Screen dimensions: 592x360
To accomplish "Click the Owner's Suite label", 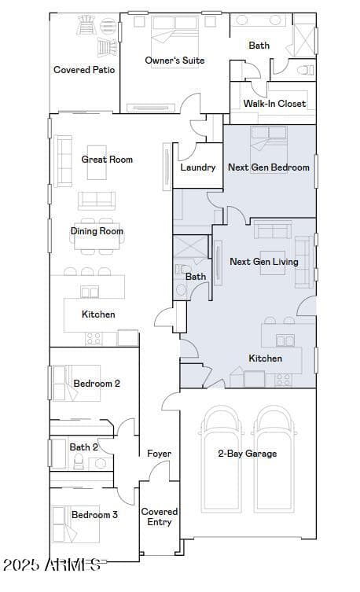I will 174,61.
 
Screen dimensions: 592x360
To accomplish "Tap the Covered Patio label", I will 84,70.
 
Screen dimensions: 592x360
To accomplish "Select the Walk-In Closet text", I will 274,104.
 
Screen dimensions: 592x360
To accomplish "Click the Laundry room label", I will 198,167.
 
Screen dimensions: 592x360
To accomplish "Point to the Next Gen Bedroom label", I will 269,167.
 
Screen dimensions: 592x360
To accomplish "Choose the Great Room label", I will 107,160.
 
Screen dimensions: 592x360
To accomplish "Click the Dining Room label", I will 97,231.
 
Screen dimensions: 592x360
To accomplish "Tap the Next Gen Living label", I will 264,262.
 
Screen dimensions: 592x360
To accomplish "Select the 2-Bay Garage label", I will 247,454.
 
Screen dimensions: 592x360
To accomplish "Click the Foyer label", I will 159,454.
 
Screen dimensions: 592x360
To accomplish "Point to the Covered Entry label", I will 160,517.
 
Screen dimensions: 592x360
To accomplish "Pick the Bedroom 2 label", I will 97,384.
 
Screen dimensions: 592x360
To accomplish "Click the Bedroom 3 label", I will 94,515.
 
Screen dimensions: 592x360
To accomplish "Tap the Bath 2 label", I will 84,447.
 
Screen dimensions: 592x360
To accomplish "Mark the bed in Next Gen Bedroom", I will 269,140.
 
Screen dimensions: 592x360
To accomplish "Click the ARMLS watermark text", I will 52,564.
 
